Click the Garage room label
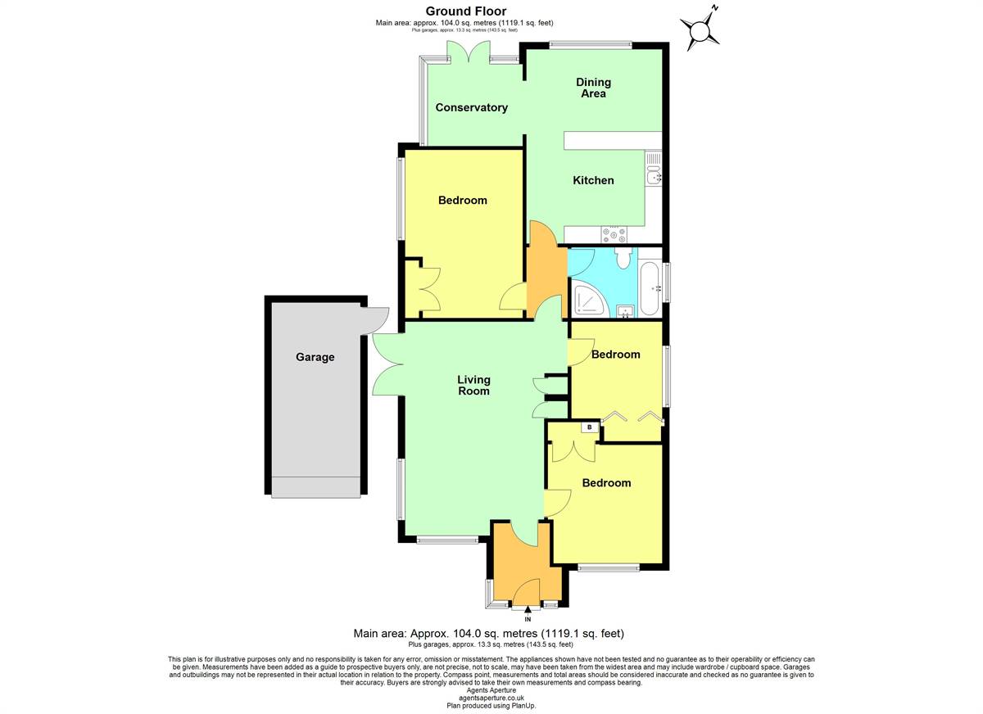315,357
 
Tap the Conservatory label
471,107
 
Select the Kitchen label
593,180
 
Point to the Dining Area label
593,88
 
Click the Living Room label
473,385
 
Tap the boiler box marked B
589,427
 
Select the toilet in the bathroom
623,258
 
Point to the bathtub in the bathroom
650,288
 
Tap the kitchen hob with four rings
614,234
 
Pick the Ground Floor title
466,11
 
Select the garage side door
374,321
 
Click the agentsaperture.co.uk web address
491,698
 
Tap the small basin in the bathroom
625,311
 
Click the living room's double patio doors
388,364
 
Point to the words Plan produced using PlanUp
491,706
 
